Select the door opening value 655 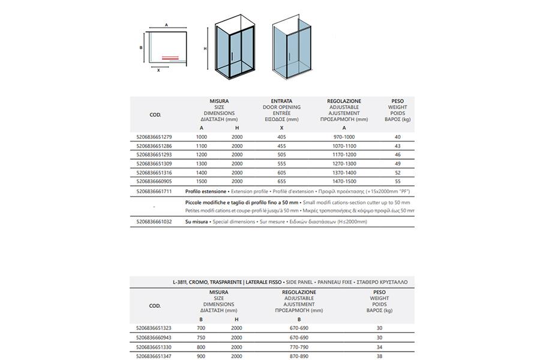(281, 181)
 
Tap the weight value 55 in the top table (398, 181)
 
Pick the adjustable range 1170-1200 (344, 155)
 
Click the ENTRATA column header (281, 101)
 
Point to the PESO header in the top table (398, 101)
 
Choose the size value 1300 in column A (202, 163)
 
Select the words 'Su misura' (197, 221)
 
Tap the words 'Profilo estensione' (206, 191)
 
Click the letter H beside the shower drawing (205, 49)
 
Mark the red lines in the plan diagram (170, 58)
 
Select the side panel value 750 (202, 338)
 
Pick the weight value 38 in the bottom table (379, 356)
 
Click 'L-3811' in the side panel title (179, 281)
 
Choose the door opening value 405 (281, 137)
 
